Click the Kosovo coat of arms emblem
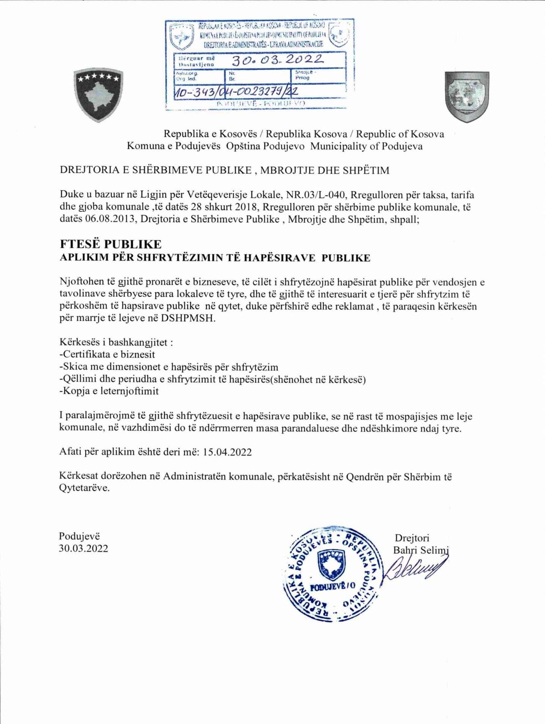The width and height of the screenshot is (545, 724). coord(98,95)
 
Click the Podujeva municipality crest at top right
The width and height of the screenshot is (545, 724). coord(467,97)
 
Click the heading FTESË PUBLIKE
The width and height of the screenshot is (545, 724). coord(110,244)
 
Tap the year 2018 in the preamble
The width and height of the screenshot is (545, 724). coord(244,207)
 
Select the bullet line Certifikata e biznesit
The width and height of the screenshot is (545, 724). coord(107,355)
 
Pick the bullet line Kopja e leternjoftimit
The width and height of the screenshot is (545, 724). coord(109,391)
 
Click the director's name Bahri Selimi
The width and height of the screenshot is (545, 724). coord(421,550)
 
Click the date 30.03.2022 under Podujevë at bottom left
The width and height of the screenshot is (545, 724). coord(83,549)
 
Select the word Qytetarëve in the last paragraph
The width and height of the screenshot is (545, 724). coord(84,488)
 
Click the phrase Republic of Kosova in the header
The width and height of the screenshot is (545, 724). coord(400,134)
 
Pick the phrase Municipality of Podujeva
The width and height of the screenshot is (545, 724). coord(366,146)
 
